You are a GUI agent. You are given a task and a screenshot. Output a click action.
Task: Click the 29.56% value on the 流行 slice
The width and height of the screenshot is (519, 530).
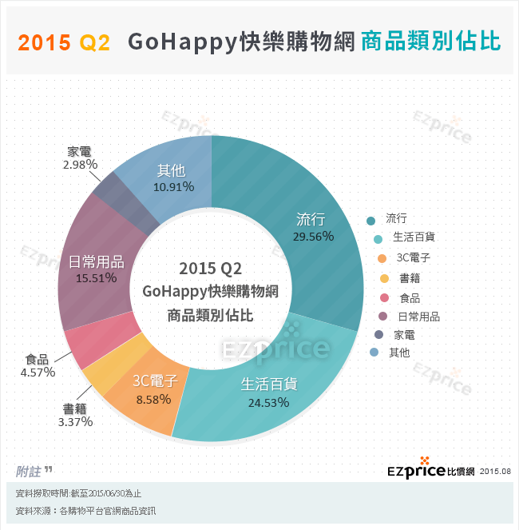point(314,237)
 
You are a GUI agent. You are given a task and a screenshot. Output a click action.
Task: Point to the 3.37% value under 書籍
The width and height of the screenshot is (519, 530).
point(76,422)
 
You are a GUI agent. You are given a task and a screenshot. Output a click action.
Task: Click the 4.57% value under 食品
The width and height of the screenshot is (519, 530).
point(38,373)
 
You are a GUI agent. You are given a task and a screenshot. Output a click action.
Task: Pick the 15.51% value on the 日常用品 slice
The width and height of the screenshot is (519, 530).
point(96,278)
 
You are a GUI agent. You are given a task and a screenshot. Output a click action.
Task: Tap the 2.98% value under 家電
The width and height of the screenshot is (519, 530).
point(80,164)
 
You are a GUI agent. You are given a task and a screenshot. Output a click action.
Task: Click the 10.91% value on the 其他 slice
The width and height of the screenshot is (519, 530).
point(171,187)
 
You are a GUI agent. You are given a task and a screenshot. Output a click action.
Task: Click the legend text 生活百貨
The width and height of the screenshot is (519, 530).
point(414,237)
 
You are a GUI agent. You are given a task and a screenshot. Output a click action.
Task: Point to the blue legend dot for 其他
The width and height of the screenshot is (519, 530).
point(372,353)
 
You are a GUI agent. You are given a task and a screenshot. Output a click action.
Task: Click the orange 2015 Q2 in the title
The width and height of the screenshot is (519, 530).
point(64,42)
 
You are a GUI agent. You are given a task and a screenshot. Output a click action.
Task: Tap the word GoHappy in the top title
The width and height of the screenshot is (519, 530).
point(182,42)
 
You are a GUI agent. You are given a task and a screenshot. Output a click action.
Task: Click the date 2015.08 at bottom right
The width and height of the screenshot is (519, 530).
point(495,472)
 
